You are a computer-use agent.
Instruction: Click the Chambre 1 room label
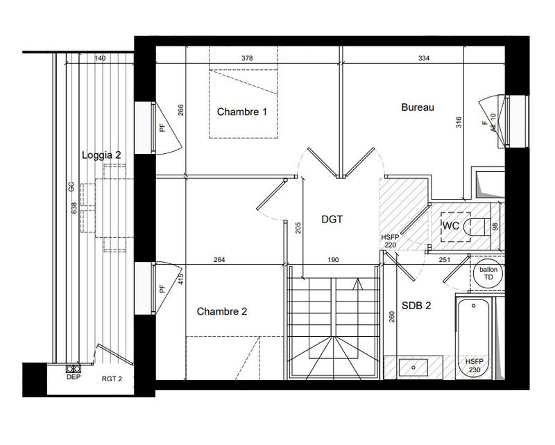coord(242,112)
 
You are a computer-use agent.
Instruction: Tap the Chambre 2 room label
coord(222,312)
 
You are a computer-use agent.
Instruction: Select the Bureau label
coord(418,107)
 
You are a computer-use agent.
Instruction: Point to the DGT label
coord(333,220)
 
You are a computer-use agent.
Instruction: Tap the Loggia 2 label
coord(101,155)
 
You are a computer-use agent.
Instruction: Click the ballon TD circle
coord(488,273)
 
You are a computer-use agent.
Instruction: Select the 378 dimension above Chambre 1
coord(246,59)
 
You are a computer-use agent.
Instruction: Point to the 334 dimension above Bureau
coord(425,59)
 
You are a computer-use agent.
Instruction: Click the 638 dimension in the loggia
coord(74,207)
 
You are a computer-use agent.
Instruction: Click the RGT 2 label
coord(112,378)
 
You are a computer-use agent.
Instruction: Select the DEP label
coord(72,378)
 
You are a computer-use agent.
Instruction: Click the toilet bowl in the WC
coord(478,226)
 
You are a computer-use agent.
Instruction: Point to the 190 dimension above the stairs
coord(332,261)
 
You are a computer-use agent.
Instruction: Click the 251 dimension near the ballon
coord(445,261)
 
